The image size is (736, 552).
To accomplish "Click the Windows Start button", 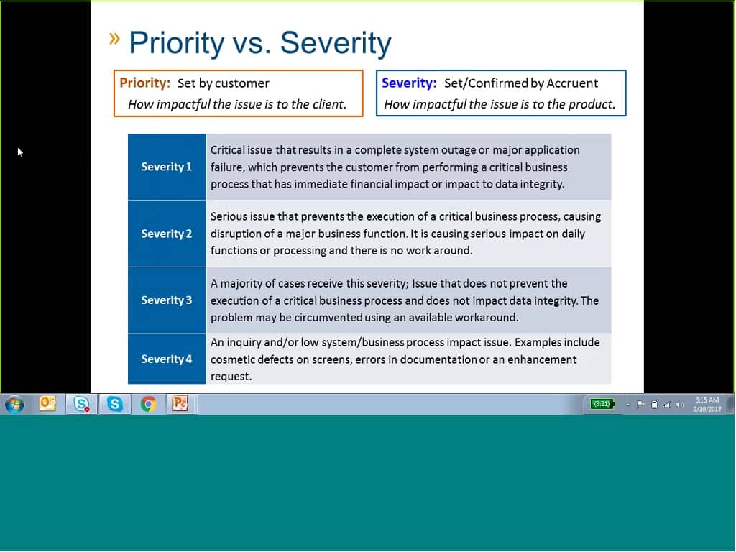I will tap(14, 404).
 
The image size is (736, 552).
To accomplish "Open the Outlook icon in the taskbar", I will tap(48, 404).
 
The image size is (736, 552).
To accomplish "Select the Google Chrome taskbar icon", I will tap(148, 404).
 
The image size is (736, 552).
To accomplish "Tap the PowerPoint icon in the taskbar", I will tap(180, 404).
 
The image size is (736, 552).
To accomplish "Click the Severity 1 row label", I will tap(167, 167).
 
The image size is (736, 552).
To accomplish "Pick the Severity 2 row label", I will tap(167, 234).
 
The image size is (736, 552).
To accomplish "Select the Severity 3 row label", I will tap(167, 300).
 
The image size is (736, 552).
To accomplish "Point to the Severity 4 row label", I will tap(167, 359).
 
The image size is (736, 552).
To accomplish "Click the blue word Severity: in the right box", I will tap(409, 83).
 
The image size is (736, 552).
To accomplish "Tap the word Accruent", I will tap(573, 83).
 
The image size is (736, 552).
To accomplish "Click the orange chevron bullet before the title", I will tap(115, 39).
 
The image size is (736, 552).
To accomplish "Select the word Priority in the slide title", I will tap(177, 43).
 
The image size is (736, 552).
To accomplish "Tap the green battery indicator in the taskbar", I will tap(601, 404).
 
